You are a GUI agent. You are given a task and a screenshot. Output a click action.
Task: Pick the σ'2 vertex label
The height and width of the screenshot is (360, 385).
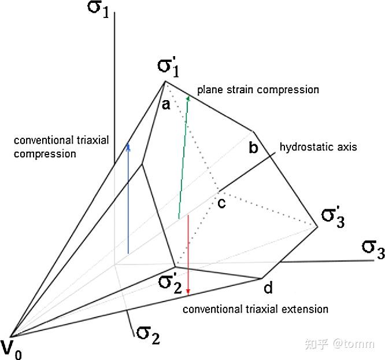tap(172, 284)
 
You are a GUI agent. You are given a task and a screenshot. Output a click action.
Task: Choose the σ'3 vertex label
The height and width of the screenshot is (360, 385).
tap(334, 218)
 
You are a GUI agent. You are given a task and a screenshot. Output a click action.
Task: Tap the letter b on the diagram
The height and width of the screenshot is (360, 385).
tap(253, 148)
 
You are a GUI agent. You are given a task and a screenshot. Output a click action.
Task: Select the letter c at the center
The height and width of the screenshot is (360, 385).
tap(221, 203)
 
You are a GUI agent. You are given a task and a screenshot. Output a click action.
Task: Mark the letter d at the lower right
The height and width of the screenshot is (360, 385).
tap(268, 287)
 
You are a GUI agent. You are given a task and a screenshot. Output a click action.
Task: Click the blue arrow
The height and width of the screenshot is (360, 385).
tap(128, 197)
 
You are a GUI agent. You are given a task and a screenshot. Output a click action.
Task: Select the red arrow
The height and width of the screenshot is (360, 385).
tap(188, 255)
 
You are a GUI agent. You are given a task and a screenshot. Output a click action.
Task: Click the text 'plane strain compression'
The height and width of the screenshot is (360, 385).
tap(258, 90)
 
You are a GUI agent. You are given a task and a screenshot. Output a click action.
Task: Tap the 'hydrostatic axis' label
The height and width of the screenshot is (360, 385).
tap(318, 146)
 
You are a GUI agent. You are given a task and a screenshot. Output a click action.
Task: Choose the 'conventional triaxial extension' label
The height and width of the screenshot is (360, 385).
tap(256, 309)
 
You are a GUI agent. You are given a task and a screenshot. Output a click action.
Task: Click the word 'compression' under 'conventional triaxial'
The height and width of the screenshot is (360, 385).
tap(45, 154)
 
